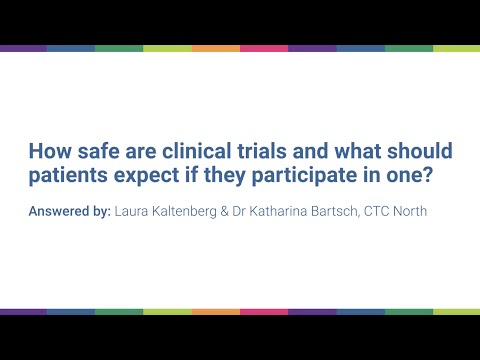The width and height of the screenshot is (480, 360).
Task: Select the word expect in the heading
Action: [x=146, y=178]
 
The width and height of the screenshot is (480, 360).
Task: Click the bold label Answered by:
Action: [x=69, y=211]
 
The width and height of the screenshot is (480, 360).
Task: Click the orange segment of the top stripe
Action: [x=215, y=48]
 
